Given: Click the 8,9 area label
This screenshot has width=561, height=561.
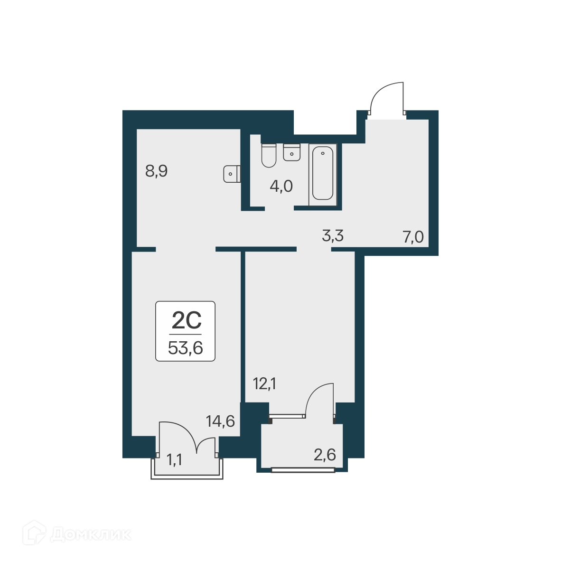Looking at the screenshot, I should [x=156, y=171].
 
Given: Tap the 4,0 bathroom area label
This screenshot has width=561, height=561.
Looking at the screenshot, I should [x=281, y=187].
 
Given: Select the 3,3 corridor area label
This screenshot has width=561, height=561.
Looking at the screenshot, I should [x=333, y=235].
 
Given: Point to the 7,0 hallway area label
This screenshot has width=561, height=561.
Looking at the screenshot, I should [x=413, y=236].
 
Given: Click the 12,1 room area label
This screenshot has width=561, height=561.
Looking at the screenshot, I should [x=265, y=383].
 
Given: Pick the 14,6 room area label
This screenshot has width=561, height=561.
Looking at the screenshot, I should [x=220, y=421].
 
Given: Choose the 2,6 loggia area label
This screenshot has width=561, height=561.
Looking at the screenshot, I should [x=325, y=455].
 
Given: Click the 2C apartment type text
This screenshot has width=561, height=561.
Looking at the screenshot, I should [x=186, y=321].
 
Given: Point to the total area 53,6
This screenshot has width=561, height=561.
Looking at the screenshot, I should [x=186, y=348].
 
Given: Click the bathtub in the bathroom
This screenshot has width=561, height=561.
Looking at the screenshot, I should [x=323, y=174].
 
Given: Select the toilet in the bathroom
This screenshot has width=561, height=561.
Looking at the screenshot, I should [x=269, y=156].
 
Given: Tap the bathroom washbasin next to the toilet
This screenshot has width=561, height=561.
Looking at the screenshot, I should [x=292, y=152].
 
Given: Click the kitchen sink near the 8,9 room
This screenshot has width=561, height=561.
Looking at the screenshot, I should [x=231, y=174].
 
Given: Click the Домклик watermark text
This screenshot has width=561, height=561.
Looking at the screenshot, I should [x=90, y=535].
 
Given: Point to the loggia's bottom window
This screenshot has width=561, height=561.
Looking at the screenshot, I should [x=303, y=470].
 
